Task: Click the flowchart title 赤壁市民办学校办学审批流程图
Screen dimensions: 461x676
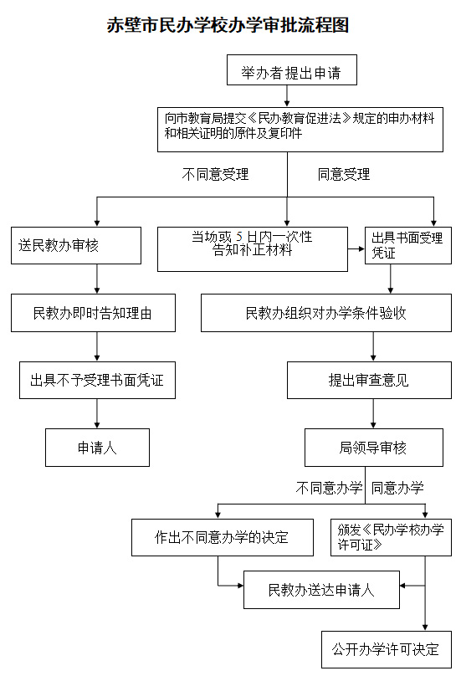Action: point(228,25)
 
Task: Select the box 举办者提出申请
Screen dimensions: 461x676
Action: point(291,69)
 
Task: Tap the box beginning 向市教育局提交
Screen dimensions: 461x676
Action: point(300,130)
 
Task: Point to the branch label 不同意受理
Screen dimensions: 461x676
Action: point(215,174)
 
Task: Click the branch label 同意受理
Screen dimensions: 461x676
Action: point(344,174)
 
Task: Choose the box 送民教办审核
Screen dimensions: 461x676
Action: point(76,246)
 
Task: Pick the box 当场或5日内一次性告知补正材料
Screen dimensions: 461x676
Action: point(253,249)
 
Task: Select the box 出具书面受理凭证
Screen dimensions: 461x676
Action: point(408,246)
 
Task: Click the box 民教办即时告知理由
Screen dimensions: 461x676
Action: point(93,313)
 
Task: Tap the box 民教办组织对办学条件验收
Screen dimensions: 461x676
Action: point(326,313)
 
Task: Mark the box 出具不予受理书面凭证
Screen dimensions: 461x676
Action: point(97,380)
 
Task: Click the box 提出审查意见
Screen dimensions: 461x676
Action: point(369,380)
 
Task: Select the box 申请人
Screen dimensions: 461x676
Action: point(97,448)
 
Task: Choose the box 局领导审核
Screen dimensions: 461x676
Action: point(374,448)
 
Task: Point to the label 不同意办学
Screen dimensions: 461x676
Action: point(329,488)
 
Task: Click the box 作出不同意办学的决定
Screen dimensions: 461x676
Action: point(223,537)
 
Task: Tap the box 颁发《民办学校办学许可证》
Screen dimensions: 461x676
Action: point(391,537)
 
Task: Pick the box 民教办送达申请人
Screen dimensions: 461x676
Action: point(322,590)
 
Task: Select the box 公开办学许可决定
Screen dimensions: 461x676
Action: point(387,650)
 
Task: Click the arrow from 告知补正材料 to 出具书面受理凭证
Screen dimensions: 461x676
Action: point(356,248)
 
